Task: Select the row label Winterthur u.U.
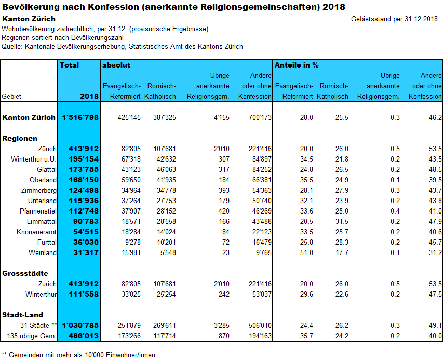click(x=34, y=159)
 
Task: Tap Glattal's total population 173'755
click(x=84, y=169)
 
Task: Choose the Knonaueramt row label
click(x=36, y=232)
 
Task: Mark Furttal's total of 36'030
click(x=86, y=242)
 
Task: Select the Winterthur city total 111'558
click(x=84, y=294)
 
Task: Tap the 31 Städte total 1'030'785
click(x=80, y=326)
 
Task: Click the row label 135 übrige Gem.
click(x=32, y=336)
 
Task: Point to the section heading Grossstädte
click(x=25, y=273)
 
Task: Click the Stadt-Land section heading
click(x=22, y=315)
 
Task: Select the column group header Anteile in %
click(x=297, y=65)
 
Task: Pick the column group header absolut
click(x=116, y=65)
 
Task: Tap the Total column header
click(x=70, y=65)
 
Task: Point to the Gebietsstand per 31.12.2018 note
click(x=395, y=19)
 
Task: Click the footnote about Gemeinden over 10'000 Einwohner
click(x=78, y=355)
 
